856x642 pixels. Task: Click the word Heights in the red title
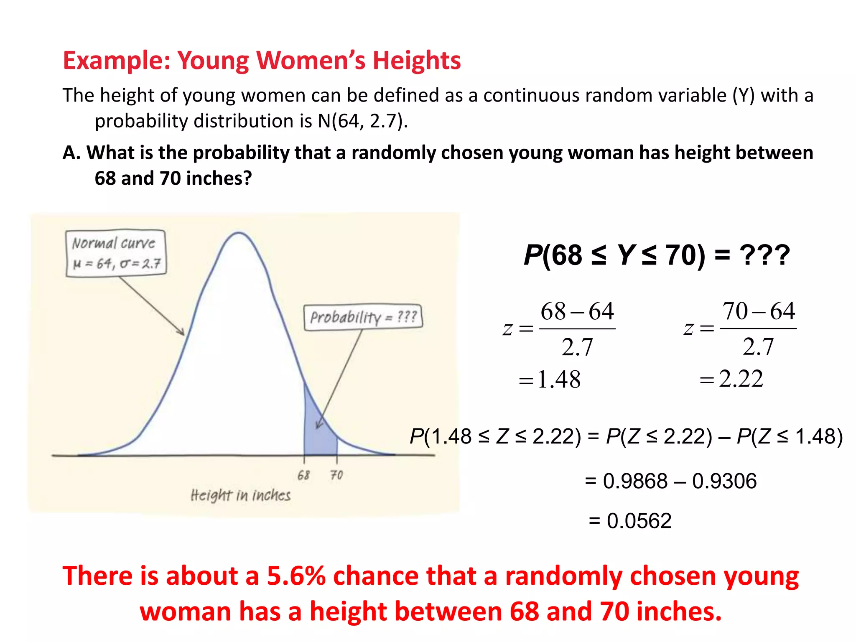pos(416,61)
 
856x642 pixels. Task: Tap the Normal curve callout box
pos(116,253)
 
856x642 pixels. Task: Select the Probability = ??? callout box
pos(363,317)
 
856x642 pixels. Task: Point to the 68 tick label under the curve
pos(304,475)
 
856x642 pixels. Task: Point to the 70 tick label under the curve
pos(336,475)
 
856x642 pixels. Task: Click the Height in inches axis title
pos(240,495)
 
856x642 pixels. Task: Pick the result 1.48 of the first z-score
pos(559,380)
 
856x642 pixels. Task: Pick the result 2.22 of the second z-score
pos(741,379)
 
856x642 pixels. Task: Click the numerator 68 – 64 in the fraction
pos(577,311)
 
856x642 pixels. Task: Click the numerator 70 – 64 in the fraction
pos(759,311)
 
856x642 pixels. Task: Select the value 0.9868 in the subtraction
pos(635,481)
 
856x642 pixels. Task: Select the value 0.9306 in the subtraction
pos(724,481)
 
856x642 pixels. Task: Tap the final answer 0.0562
pos(639,521)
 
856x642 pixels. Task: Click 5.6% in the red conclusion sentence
pos(296,576)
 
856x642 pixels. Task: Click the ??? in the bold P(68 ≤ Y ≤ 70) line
pos(764,255)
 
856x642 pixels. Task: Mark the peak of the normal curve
pos(239,233)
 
